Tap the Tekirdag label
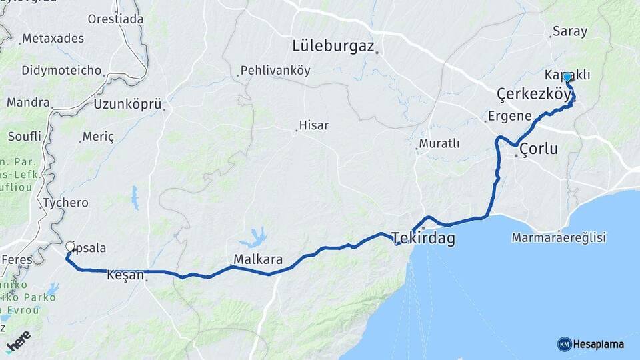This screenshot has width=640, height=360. point(424,238)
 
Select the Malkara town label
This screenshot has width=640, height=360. point(258,259)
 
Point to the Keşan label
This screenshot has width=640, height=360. point(125,274)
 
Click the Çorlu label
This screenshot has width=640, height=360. point(539,149)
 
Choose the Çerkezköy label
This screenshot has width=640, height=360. point(534,92)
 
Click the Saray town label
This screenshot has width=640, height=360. point(569,31)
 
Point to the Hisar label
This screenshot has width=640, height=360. point(314,125)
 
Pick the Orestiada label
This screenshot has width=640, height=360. point(115,19)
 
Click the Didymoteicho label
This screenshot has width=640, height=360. point(61,70)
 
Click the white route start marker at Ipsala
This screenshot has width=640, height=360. point(70,247)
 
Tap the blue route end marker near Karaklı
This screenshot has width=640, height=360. point(567,77)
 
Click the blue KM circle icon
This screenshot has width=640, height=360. point(564,344)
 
